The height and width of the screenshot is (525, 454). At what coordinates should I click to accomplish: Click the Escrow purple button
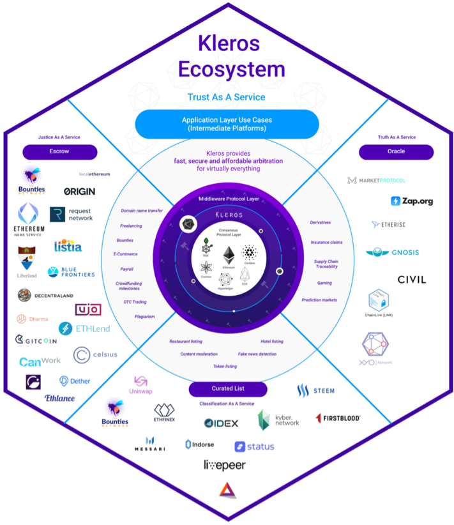(60, 152)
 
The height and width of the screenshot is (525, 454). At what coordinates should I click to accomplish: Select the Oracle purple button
(396, 152)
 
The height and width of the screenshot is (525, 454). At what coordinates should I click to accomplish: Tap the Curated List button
(228, 388)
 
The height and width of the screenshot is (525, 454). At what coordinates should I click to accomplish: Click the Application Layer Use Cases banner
(227, 124)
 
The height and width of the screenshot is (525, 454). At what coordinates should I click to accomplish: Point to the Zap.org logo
(412, 201)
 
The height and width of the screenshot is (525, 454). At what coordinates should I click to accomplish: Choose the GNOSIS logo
(393, 252)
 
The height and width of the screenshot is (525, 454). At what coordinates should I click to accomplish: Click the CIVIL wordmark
(411, 280)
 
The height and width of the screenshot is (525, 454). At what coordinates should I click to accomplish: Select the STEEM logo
(315, 390)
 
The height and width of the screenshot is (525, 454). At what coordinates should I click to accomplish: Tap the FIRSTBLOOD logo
(338, 418)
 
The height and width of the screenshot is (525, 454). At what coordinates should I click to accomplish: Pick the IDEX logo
(221, 423)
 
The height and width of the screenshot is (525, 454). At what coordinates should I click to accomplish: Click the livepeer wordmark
(225, 465)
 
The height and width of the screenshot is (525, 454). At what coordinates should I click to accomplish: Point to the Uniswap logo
(140, 386)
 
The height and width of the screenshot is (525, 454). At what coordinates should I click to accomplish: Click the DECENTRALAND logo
(45, 296)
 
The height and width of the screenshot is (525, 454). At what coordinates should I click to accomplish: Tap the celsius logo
(95, 355)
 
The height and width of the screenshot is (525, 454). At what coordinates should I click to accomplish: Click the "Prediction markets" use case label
(319, 300)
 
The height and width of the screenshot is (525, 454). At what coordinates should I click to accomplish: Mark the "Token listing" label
(225, 367)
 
